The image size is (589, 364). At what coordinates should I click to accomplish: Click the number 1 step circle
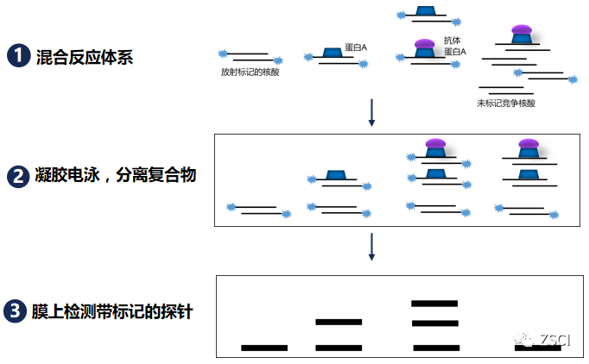click(x=19, y=57)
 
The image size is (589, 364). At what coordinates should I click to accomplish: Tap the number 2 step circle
click(x=19, y=176)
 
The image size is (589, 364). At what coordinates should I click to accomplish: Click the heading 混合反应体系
click(x=84, y=57)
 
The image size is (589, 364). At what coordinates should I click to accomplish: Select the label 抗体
click(x=452, y=41)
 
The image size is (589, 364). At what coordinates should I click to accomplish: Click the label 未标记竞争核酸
click(x=506, y=104)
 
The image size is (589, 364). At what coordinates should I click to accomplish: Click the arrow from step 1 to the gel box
click(x=371, y=112)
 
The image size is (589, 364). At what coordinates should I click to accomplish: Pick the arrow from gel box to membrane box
click(x=371, y=246)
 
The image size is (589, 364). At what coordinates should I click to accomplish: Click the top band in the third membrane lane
click(x=434, y=304)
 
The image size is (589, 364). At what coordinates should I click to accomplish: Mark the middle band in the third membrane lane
click(x=434, y=323)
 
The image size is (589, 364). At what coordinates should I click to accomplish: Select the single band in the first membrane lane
click(x=264, y=348)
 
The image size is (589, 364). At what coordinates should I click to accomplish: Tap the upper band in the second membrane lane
click(x=339, y=322)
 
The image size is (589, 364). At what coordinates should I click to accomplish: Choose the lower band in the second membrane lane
click(x=339, y=348)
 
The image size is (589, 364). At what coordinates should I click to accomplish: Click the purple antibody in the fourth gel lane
click(x=527, y=143)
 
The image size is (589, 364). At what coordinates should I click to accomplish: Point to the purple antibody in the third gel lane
click(x=435, y=143)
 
